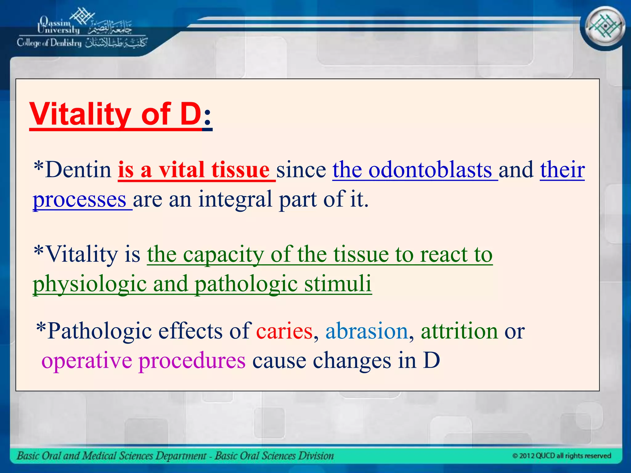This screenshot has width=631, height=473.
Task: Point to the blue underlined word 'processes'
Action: pyautogui.click(x=79, y=200)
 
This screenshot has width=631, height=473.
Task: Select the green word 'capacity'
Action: pyautogui.click(x=223, y=254)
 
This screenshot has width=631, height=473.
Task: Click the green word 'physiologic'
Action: pyautogui.click(x=89, y=284)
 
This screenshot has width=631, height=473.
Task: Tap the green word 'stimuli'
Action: pyautogui.click(x=338, y=283)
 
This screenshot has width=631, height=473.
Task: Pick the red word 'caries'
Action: pyautogui.click(x=284, y=331)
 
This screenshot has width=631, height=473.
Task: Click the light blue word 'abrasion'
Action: pyautogui.click(x=367, y=331)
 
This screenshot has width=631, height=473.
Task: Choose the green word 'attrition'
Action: pyautogui.click(x=459, y=331)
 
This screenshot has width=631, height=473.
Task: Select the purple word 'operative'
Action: pyautogui.click(x=87, y=361)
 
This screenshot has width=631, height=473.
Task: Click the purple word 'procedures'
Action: pyautogui.click(x=192, y=361)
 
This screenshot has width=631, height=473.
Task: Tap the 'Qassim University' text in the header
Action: pyautogui.click(x=59, y=26)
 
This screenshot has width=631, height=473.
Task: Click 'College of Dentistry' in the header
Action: pyautogui.click(x=49, y=43)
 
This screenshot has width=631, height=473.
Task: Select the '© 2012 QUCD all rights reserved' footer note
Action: pyautogui.click(x=561, y=456)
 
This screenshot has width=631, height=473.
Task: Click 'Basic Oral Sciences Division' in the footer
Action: pyautogui.click(x=274, y=456)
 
